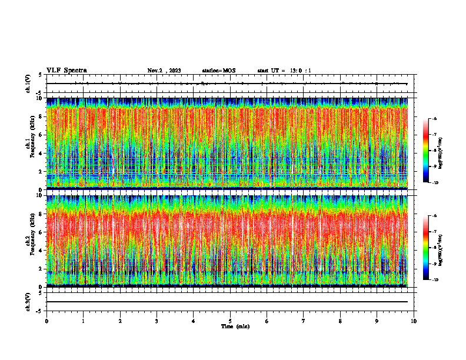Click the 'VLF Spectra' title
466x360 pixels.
(66, 70)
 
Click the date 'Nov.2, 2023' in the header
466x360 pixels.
(164, 71)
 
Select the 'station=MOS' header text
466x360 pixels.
(218, 71)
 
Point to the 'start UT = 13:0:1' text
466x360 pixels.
(284, 71)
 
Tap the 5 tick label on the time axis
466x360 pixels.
(230, 321)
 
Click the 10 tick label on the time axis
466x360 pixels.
(414, 321)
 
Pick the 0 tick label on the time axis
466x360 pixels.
(46, 321)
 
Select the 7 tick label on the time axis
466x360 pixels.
(304, 321)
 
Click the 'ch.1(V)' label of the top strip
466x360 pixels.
(28, 84)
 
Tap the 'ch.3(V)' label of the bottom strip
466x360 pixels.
(28, 301)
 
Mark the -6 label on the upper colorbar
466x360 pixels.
(434, 119)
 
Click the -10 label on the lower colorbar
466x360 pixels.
(434, 279)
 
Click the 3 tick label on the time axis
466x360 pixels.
(157, 321)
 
